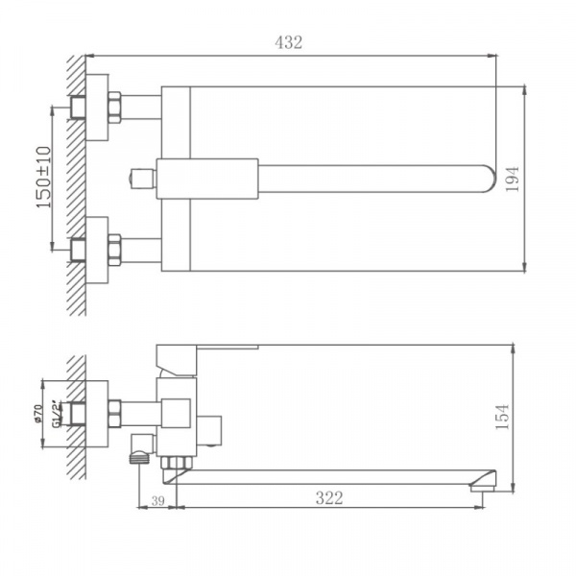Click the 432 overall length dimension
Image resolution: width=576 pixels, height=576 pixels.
[289, 42]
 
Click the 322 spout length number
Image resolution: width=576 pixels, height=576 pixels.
[328, 497]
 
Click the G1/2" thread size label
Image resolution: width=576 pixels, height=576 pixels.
[58, 414]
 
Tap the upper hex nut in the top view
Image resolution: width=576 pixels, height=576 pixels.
[114, 107]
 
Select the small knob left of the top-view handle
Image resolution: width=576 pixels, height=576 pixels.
[140, 179]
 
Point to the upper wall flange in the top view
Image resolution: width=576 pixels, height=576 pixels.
[96, 107]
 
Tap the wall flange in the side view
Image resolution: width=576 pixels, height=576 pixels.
[96, 414]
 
